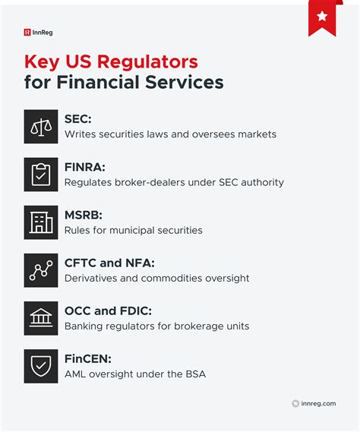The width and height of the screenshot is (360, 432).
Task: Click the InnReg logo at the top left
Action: [38, 33]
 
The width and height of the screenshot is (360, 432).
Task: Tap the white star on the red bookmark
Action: [322, 16]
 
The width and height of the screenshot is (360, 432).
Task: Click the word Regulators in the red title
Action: [144, 61]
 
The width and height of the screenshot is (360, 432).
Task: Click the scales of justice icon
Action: [40, 127]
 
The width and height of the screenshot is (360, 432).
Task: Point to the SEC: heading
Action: [79, 119]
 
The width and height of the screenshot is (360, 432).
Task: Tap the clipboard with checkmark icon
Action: [40, 175]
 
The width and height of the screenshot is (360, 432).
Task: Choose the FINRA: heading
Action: [85, 167]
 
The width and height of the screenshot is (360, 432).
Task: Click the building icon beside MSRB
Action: [40, 222]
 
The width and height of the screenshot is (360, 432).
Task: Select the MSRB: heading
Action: [84, 215]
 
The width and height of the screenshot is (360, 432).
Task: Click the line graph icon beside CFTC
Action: [40, 270]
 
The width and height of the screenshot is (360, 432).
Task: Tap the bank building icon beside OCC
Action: [40, 318]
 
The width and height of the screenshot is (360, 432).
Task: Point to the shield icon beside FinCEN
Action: [40, 366]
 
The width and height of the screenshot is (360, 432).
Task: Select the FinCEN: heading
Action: [89, 359]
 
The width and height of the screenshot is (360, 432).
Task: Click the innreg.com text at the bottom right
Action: [318, 404]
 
